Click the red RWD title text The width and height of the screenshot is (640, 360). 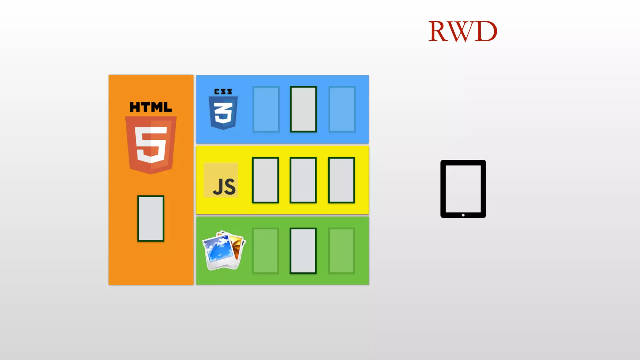point(462,31)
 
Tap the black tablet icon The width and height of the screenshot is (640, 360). point(463,188)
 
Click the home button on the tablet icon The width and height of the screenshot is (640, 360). point(463,215)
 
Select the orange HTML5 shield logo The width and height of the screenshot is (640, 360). point(151,144)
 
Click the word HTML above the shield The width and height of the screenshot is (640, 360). point(151,107)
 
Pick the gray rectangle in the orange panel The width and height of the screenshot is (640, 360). point(151,218)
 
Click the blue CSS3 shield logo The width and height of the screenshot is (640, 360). point(223,113)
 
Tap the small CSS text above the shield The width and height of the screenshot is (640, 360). point(223,92)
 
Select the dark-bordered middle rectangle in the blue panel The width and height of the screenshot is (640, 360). point(303,109)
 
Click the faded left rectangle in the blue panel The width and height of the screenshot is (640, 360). point(266,109)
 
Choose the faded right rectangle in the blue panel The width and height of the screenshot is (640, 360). point(342,109)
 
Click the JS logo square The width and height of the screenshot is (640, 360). point(221,180)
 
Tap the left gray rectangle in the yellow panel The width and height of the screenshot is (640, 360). point(265,180)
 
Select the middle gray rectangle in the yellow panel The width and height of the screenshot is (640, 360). point(303,180)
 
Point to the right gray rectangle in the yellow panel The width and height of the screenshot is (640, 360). point(341,180)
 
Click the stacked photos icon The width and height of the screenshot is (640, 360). point(223,250)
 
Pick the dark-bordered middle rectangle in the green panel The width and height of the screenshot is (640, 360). point(303,251)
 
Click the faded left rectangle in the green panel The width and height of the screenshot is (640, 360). point(265,251)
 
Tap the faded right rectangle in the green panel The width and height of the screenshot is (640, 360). point(341,251)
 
